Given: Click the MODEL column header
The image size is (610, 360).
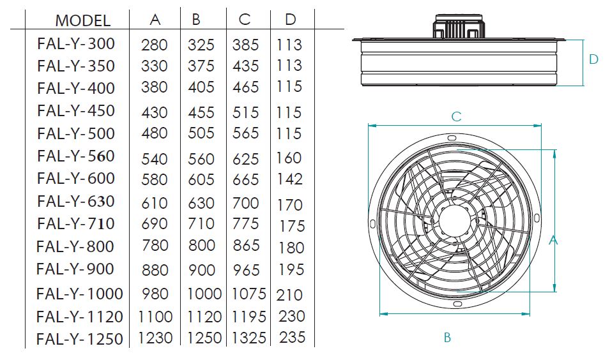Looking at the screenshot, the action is tap(83, 20).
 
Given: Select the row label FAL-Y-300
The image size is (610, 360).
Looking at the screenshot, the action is tap(76, 43).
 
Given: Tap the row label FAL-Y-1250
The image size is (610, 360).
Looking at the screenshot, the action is tap(80, 339).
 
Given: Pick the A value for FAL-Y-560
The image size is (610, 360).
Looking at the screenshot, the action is tap(155, 159).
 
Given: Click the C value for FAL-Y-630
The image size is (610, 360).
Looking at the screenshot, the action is tap(245, 203).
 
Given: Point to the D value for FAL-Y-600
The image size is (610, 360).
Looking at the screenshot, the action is tap(289, 179).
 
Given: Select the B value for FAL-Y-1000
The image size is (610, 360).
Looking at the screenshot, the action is tap(204, 294).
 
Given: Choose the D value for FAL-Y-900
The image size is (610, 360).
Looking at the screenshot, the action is tap(291, 269).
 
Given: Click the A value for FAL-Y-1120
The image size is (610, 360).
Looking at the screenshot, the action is tap(155, 317).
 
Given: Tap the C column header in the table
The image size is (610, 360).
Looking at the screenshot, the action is tap(245, 19).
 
